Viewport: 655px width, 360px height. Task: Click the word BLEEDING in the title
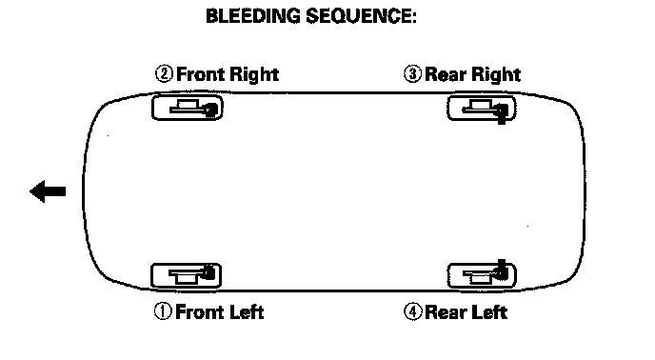click(252, 16)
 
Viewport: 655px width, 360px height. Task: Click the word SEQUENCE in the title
click(361, 16)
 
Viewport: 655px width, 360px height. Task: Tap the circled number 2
click(164, 74)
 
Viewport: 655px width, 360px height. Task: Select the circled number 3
click(412, 74)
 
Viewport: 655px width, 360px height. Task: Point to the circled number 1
click(163, 311)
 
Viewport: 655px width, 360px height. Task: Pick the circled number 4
click(413, 312)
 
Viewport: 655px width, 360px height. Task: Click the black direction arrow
click(48, 191)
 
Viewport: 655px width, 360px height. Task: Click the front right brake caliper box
click(188, 108)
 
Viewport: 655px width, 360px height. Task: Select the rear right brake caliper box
click(482, 109)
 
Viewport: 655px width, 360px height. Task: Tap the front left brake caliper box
click(186, 275)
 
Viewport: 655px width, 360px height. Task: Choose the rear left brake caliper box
click(482, 275)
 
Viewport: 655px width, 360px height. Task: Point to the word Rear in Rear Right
click(446, 75)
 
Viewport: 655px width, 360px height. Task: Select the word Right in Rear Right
click(496, 75)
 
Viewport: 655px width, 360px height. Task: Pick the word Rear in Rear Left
click(445, 312)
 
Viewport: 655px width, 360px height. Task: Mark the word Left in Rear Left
click(488, 312)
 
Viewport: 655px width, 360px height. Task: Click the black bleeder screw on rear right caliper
click(502, 113)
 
